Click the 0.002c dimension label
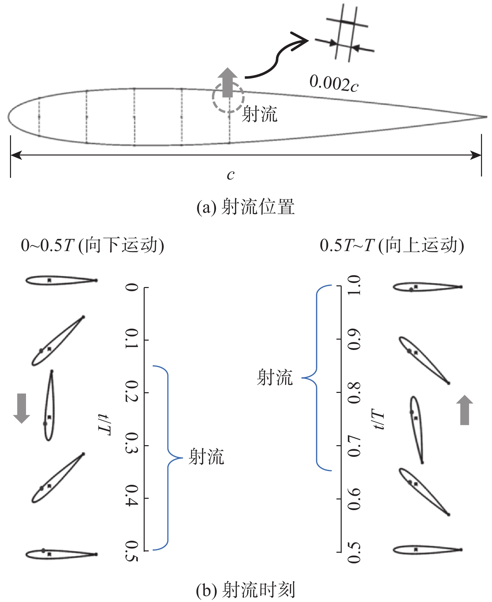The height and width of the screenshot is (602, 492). pos(334,83)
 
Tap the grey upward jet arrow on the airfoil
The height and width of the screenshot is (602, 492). pos(228,82)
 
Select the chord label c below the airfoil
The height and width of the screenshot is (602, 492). pos(231,175)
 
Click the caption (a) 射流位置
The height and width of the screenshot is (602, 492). pos(246,207)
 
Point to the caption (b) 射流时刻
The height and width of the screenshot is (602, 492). pos(246,590)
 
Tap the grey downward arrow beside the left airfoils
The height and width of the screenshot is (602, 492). pos(22,408)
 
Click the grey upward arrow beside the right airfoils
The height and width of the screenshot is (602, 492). pos(464,410)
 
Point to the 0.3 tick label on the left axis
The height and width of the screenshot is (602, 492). pos(132,445)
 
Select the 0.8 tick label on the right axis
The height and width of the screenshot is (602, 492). pos(354,393)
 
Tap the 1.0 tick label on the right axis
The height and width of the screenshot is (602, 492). pos(354,286)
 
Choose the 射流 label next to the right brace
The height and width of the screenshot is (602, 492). pos(275,378)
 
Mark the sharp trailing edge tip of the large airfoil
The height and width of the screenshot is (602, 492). pos(486,117)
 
